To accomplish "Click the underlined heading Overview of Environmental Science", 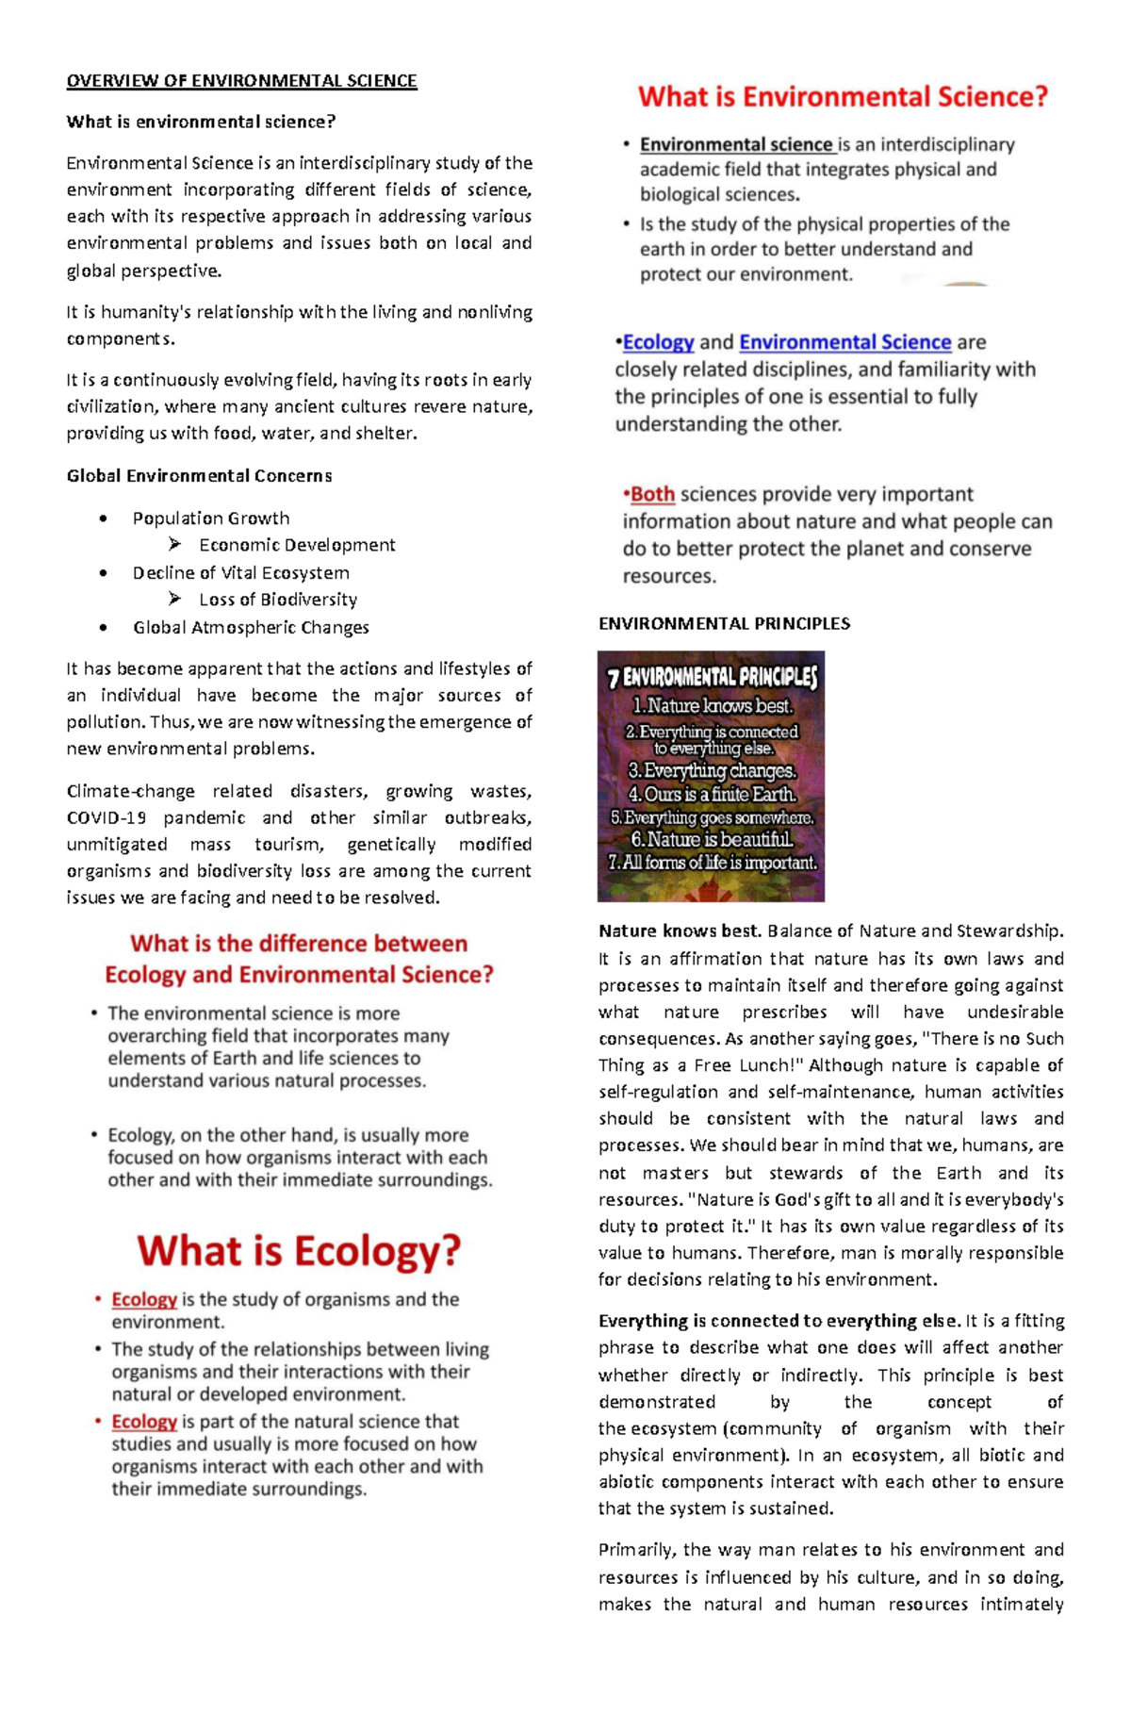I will tap(241, 81).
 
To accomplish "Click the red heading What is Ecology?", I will tap(299, 1251).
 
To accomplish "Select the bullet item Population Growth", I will tap(210, 519).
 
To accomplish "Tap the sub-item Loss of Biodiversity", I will tap(278, 600).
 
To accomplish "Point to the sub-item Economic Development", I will tap(297, 545).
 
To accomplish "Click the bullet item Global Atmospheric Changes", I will tap(251, 628).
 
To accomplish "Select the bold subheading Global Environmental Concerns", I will tap(199, 476).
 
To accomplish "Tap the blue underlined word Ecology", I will tap(658, 342).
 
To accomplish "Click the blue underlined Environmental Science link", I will tap(844, 342).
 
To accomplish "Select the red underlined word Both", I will tap(652, 495).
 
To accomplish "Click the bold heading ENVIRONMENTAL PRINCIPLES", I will tap(724, 624).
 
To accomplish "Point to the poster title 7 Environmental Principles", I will tap(712, 677).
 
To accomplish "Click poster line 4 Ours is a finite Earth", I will tap(712, 795).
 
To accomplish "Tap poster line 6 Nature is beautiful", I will tap(712, 839).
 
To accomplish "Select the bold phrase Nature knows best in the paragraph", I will tap(679, 931).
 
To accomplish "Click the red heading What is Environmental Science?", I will tap(843, 97).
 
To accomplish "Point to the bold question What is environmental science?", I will tap(201, 122).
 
